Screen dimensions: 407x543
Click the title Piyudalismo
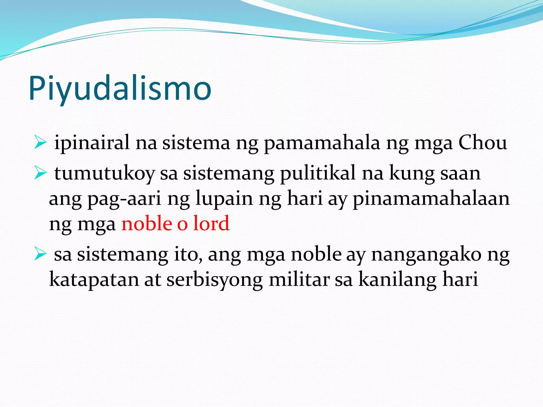[x=120, y=88]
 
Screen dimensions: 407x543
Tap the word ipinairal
[x=92, y=143]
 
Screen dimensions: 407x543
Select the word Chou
[x=483, y=143]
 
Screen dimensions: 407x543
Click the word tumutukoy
[x=104, y=174]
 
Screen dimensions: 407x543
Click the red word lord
[x=211, y=223]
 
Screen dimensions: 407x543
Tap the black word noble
[x=316, y=254]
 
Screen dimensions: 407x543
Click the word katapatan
[x=94, y=280]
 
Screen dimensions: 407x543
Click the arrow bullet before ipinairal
[x=40, y=143]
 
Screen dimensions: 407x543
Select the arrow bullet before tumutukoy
[x=40, y=174]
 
